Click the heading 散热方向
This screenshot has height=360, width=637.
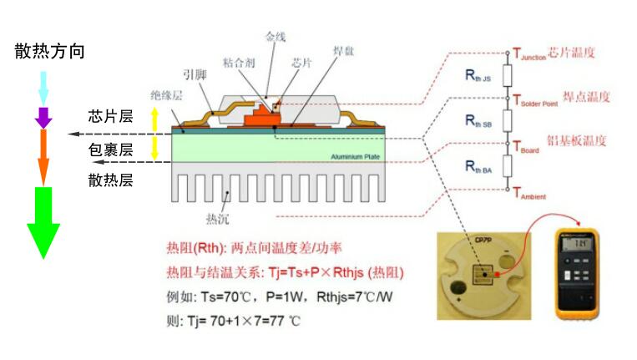(49, 51)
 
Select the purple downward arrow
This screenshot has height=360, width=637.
(43, 117)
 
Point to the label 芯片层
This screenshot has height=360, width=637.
(110, 116)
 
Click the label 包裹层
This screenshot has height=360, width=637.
(110, 150)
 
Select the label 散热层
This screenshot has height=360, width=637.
(110, 180)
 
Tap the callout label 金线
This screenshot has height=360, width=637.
(276, 37)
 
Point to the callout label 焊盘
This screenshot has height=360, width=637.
(343, 52)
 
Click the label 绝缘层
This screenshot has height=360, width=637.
(166, 95)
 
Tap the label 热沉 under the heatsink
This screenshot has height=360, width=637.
(217, 219)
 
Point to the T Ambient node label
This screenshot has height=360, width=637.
(529, 194)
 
